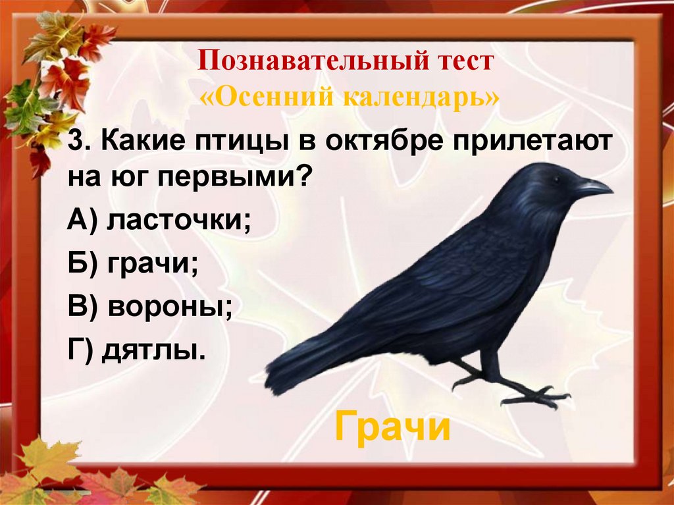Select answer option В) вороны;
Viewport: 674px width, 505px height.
(x=150, y=307)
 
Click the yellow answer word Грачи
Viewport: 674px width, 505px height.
(x=392, y=429)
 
